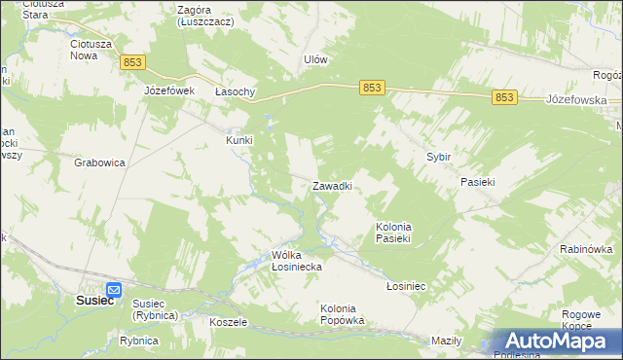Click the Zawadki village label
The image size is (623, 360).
click(332, 185)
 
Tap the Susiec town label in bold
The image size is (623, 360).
click(95, 301)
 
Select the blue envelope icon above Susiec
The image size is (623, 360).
click(113, 289)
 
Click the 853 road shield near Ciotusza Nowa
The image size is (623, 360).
click(133, 62)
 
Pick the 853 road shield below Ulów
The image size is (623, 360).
click(371, 88)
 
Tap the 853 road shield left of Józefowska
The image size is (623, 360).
click(503, 96)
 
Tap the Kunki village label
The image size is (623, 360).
click(239, 139)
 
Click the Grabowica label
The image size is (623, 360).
click(99, 162)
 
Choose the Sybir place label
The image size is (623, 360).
click(439, 156)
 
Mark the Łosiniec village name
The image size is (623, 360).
click(407, 286)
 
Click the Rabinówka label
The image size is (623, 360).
click(584, 249)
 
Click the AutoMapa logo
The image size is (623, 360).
click(557, 341)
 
